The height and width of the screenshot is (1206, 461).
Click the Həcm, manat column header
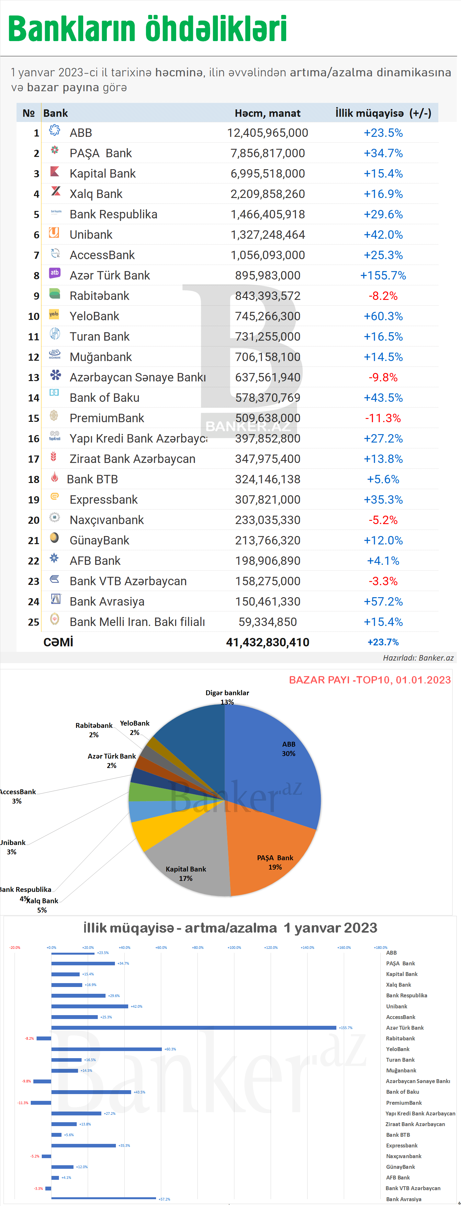click(267, 113)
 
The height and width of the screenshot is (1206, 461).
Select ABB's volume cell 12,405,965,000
click(267, 133)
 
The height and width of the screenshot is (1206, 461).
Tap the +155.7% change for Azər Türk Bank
click(383, 275)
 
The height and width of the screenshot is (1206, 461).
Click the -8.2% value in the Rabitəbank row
click(383, 296)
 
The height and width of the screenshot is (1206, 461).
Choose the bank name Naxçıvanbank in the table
click(107, 520)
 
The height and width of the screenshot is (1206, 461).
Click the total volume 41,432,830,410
click(267, 642)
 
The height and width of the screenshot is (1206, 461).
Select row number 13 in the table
click(34, 377)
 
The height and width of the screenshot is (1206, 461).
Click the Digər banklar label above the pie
click(227, 693)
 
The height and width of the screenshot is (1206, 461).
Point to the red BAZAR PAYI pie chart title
click(370, 680)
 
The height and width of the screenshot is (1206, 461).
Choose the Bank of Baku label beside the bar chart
click(402, 1092)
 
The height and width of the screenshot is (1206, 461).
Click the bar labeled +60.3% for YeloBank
click(107, 1049)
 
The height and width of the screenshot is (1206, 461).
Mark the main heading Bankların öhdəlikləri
click(147, 29)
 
